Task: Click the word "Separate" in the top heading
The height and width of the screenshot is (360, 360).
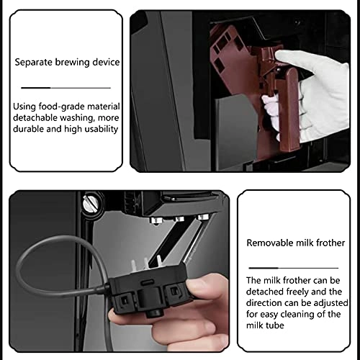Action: [x=33, y=63]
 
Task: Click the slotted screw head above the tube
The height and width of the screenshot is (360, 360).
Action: [x=89, y=203]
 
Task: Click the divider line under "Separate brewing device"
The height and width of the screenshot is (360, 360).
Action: [x=66, y=88]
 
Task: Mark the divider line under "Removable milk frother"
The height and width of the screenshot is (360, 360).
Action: [x=294, y=268]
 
